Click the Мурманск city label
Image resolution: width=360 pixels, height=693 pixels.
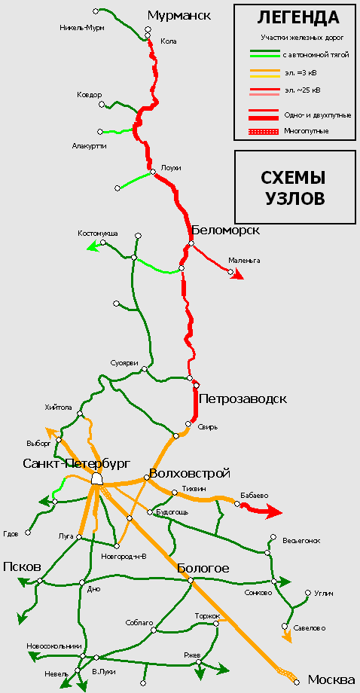179,16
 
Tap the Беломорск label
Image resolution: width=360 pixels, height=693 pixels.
226,230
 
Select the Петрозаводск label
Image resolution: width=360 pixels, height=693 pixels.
243,399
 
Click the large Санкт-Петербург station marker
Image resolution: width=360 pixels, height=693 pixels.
96,478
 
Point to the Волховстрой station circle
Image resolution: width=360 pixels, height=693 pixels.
147,478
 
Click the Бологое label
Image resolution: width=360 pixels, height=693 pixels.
203,569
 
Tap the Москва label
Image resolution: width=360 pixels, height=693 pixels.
331,679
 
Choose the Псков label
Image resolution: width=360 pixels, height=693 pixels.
23,567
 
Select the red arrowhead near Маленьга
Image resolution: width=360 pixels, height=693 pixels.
239,276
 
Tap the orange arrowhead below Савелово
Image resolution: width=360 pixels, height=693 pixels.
287,638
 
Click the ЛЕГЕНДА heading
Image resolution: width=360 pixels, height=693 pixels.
298,17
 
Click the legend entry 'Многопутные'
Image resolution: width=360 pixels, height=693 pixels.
307,131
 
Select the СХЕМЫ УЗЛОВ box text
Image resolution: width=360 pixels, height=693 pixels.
295,188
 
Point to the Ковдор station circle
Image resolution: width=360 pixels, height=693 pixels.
102,104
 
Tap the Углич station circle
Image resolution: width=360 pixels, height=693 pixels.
308,593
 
